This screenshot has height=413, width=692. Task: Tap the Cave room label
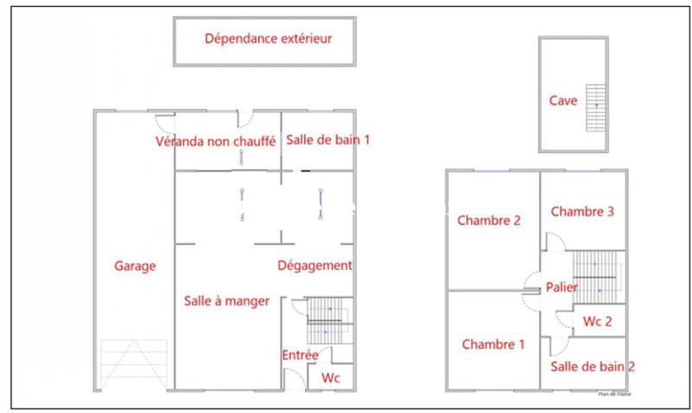click(x=563, y=100)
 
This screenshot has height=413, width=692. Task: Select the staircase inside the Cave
click(x=595, y=105)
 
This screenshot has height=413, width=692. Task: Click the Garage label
click(x=135, y=266)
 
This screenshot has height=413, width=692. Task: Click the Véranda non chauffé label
click(x=215, y=140)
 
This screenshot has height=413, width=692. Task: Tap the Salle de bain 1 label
click(x=328, y=139)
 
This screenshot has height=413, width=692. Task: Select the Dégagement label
click(x=315, y=265)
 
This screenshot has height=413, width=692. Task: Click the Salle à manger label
click(x=226, y=300)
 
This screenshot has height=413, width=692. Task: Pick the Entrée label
click(x=300, y=355)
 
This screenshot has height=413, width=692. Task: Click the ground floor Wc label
click(x=330, y=378)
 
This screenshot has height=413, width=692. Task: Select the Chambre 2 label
click(x=489, y=220)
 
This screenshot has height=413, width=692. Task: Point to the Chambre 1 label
click(x=493, y=344)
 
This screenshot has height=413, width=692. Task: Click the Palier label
click(x=562, y=287)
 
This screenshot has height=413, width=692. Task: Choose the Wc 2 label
click(x=598, y=322)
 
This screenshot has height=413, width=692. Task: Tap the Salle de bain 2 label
click(x=593, y=366)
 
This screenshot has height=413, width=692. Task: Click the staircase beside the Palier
click(x=597, y=273)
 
